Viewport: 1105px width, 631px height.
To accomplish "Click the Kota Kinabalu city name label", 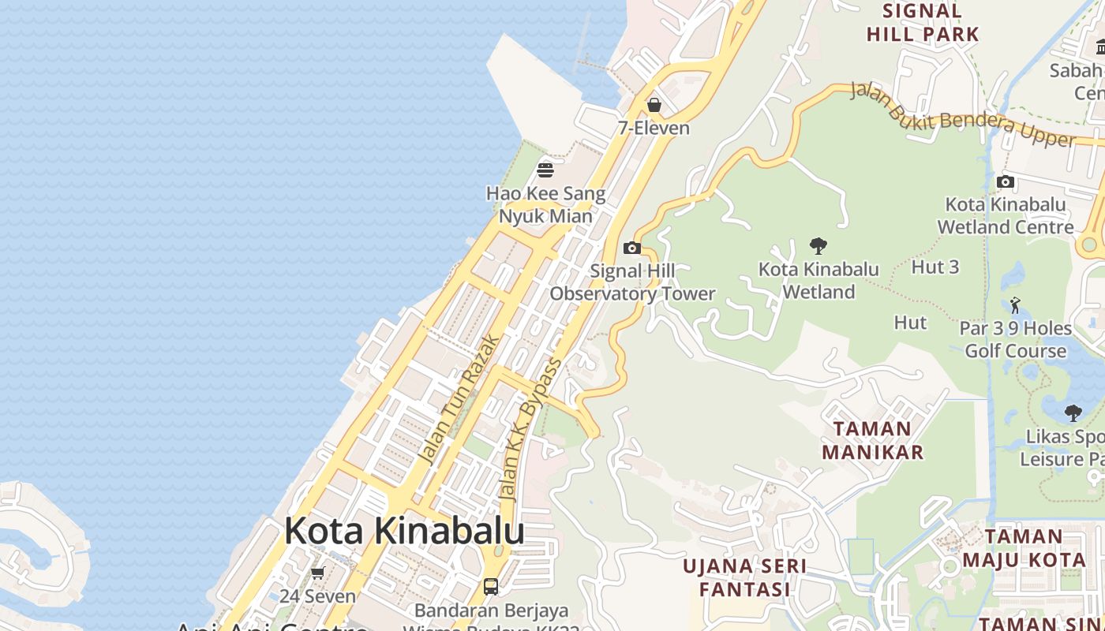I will click(404, 531).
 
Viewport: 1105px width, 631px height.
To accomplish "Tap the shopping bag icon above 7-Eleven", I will click(654, 105).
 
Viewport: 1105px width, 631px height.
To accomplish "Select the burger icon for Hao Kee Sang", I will click(545, 170).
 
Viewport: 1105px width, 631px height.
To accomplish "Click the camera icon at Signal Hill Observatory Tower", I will click(632, 248).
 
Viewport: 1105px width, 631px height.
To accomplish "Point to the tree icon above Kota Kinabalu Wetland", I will click(818, 246).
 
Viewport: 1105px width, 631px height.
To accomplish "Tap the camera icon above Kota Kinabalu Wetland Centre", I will click(1006, 182).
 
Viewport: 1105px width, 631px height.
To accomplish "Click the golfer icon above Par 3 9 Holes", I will click(1016, 304).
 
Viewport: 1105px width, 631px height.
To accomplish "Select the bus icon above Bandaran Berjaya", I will click(491, 587).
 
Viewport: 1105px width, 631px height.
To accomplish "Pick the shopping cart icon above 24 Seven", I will click(318, 573).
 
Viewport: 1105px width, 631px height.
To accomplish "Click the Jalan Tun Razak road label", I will click(459, 399).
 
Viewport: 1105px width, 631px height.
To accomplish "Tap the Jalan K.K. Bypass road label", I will click(531, 430).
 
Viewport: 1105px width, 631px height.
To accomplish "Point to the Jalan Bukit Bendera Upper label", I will click(963, 115).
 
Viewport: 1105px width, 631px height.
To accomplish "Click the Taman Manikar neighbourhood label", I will click(872, 440).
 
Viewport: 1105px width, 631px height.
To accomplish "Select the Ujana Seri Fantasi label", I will click(745, 577).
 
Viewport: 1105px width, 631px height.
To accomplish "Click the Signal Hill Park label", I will click(923, 22).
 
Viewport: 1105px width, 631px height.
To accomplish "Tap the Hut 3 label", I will click(935, 267).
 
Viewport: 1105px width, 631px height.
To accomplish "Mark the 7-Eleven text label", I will click(654, 128).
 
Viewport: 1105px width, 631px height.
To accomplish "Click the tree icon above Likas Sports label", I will click(1073, 413).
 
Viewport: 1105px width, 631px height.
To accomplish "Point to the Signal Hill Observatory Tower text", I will click(632, 282).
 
